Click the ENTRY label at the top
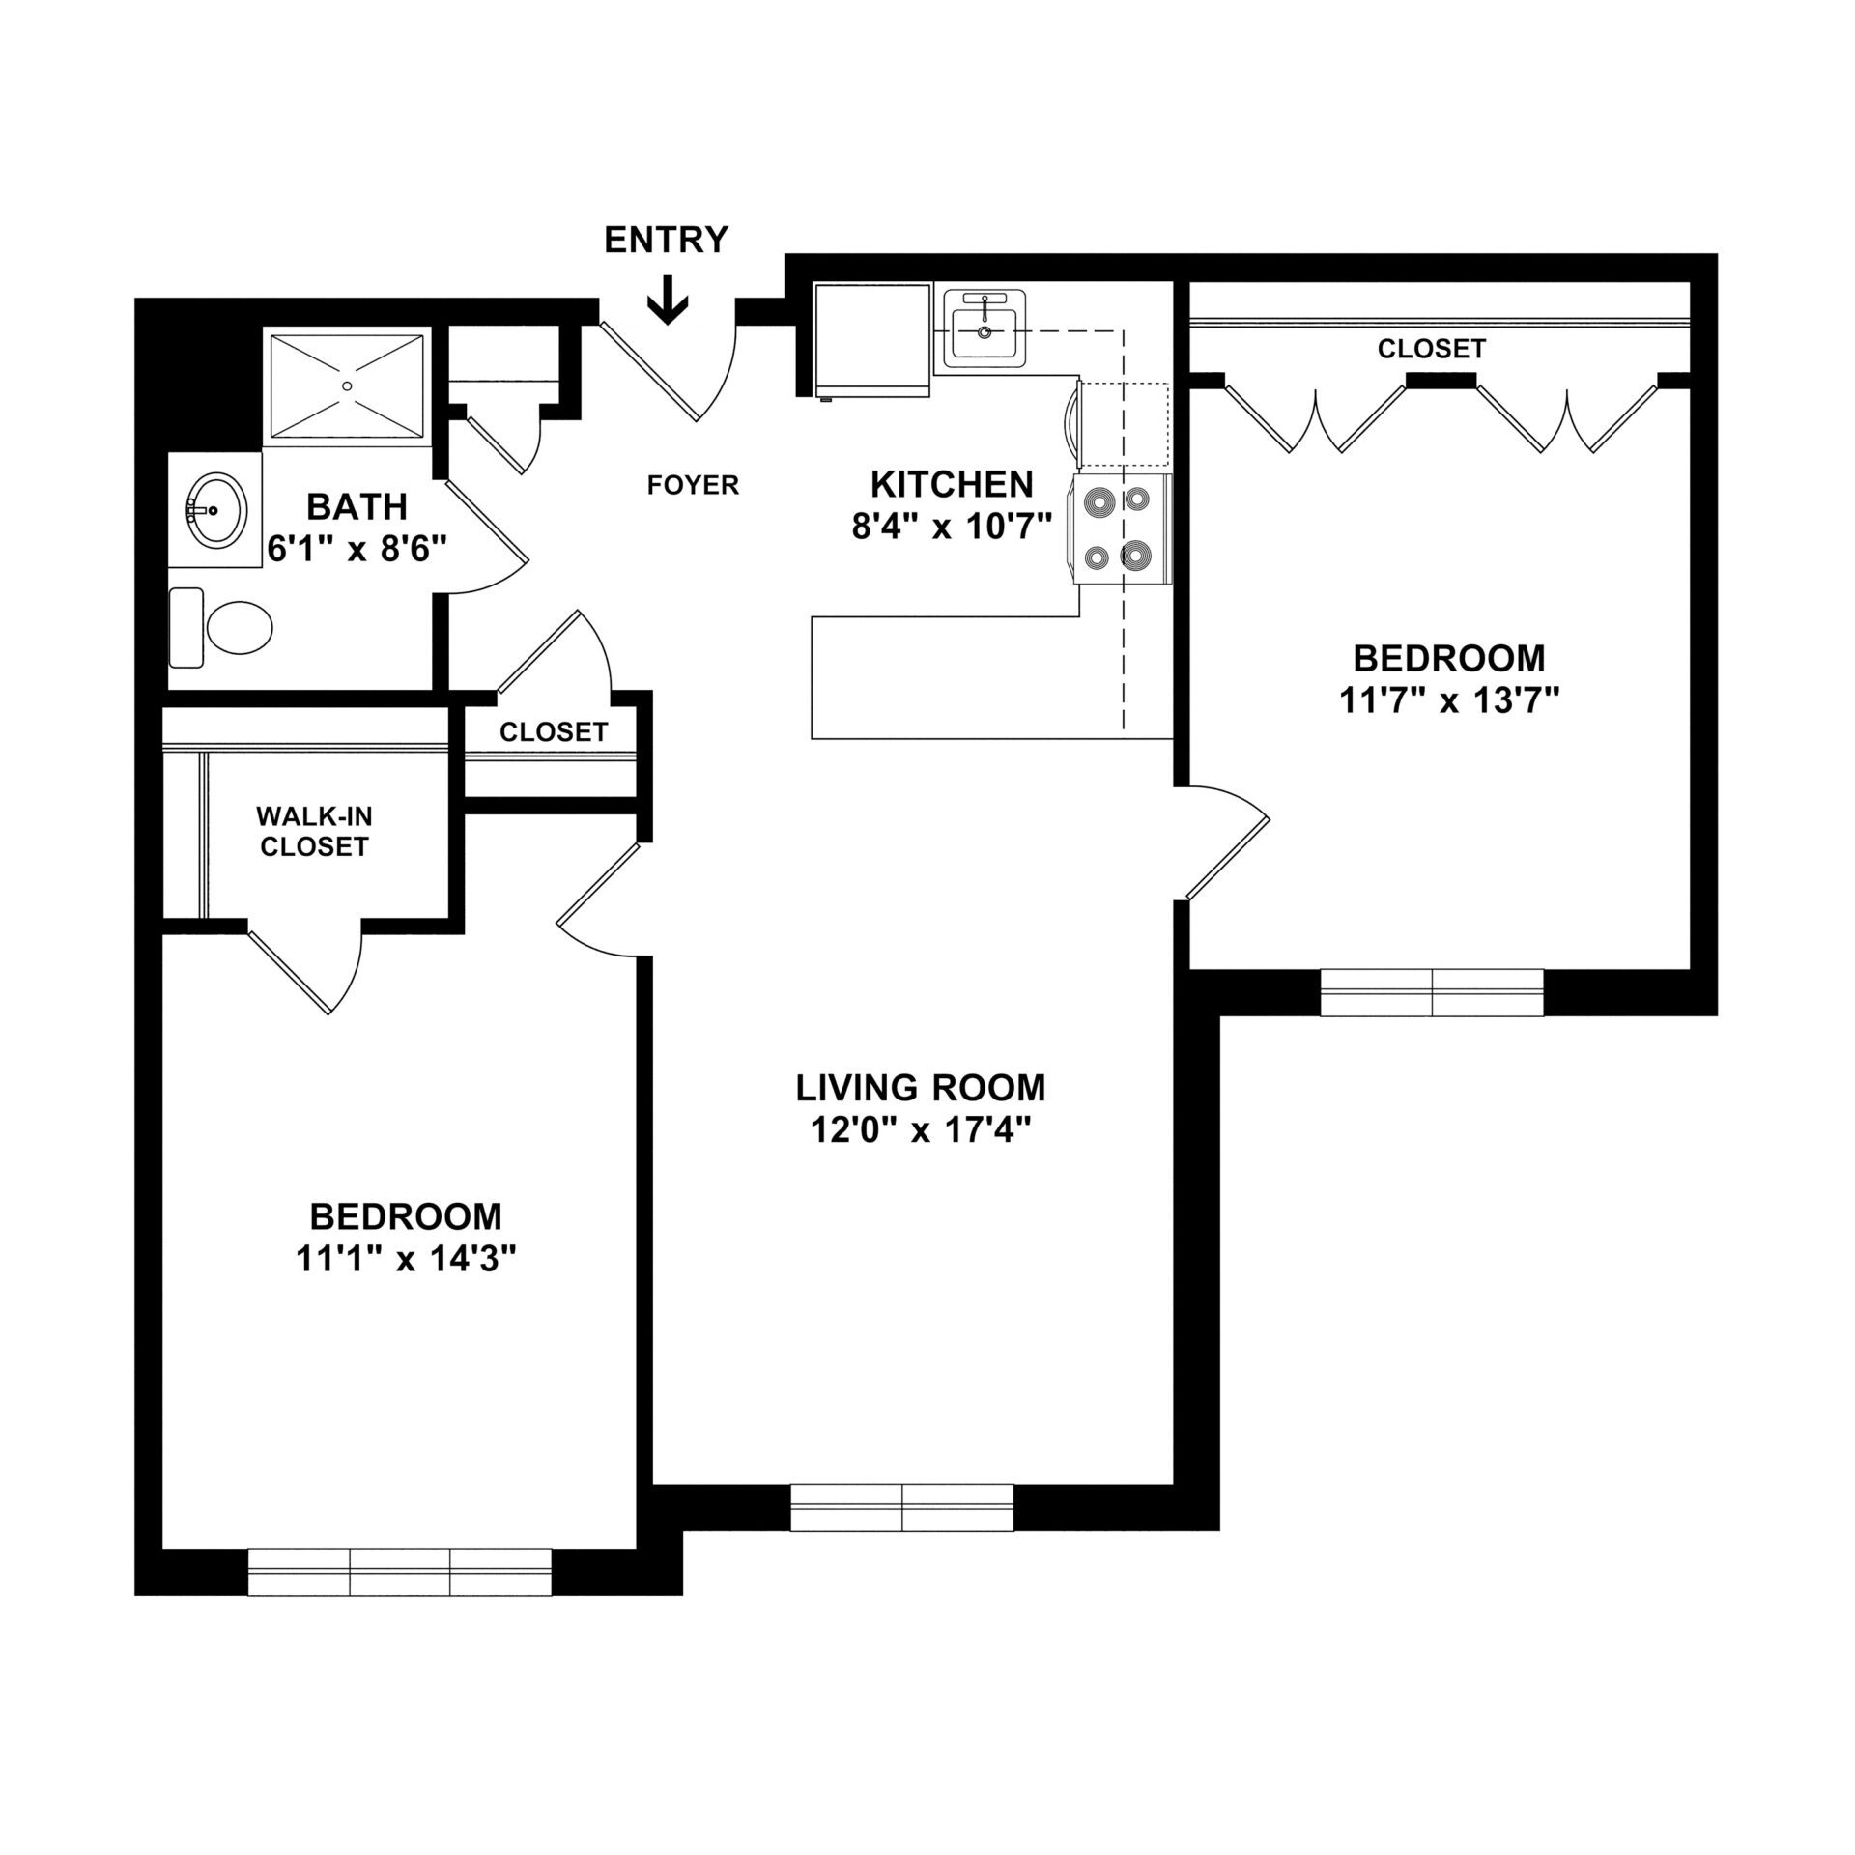666,239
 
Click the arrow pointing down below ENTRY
668,300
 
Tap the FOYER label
693,485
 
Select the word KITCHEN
952,483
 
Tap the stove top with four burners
1121,529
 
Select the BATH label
357,506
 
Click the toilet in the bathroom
222,628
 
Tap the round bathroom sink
216,509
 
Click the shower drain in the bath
347,385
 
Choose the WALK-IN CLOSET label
313,831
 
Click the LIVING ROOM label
920,1088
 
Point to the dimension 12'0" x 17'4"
916,1130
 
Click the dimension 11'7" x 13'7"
1449,700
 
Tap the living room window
901,1535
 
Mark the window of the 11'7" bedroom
1432,992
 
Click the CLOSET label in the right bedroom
1431,348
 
